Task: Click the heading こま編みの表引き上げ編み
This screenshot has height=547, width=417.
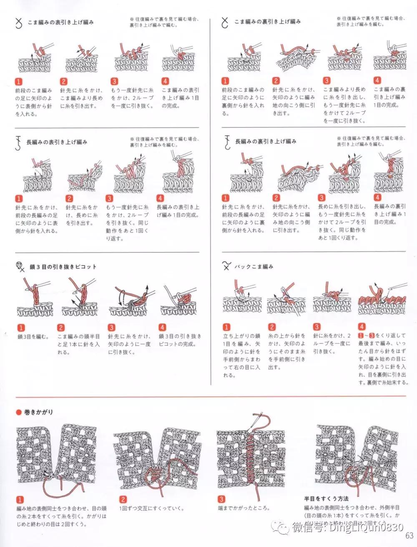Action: point(60,22)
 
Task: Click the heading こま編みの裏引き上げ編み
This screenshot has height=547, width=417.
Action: point(267,21)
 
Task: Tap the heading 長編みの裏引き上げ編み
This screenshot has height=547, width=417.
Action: point(266,142)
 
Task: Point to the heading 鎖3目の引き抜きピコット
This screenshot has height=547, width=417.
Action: point(63,266)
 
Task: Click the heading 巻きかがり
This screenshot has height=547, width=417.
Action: point(38,412)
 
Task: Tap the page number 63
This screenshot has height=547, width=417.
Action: point(408,535)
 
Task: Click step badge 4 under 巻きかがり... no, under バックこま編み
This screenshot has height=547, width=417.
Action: point(362,327)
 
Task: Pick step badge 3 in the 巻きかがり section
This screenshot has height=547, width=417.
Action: point(221,499)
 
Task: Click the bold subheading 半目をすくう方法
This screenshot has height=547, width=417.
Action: point(327,498)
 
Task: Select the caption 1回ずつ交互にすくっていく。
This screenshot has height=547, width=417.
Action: point(151,508)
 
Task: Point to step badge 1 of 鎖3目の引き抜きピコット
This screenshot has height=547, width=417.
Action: point(20,328)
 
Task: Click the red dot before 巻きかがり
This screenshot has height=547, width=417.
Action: point(18,413)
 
